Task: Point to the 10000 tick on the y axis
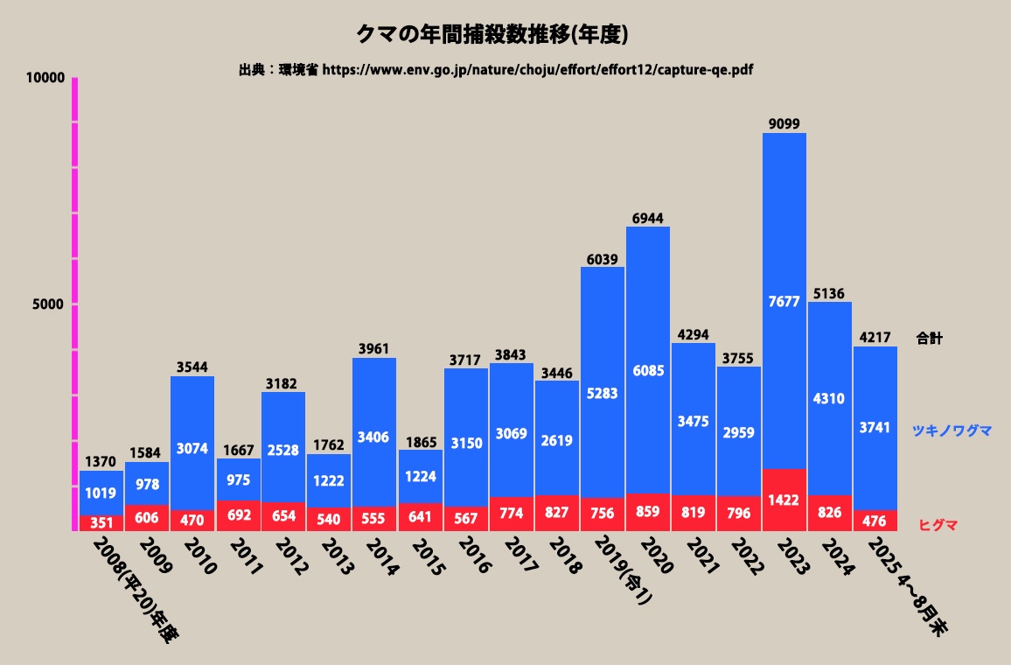[45, 78]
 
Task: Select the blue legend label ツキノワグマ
[952, 430]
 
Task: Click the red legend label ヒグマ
[938, 525]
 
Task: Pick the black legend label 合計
[930, 339]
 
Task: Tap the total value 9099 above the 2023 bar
[784, 123]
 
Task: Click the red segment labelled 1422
[784, 500]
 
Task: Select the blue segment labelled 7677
[784, 301]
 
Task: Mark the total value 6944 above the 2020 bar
[648, 216]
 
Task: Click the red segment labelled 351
[101, 522]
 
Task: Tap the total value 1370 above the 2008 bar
[101, 461]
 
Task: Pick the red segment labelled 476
[875, 521]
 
